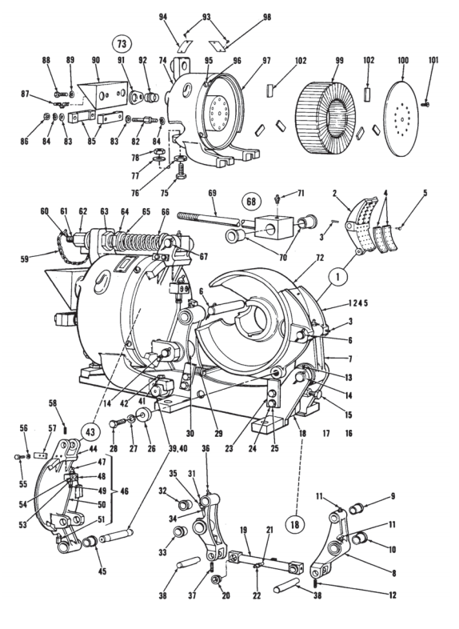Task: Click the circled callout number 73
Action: pos(122,44)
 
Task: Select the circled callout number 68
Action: pos(251,201)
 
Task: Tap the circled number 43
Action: pos(90,433)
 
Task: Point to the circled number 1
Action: pos(338,278)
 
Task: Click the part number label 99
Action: pos(340,61)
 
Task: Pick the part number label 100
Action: pos(403,61)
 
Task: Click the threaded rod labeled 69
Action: pos(209,219)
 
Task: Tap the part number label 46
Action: pos(124,491)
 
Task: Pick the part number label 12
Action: pos(392,595)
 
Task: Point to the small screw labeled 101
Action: pos(425,104)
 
